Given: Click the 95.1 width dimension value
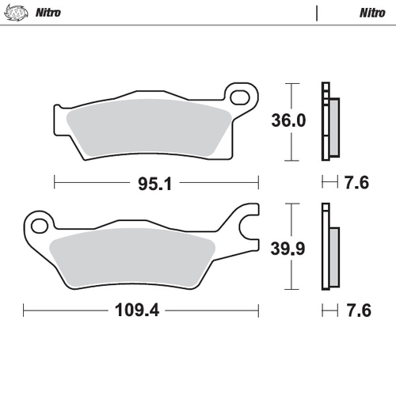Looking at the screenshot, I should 154,183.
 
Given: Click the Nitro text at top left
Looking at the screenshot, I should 48,13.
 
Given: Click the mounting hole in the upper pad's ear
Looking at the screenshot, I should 240,96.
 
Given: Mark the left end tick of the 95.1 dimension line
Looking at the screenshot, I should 54,183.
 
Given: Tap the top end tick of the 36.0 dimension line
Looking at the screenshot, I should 293,83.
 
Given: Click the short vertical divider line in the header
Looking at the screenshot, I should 317,13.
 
